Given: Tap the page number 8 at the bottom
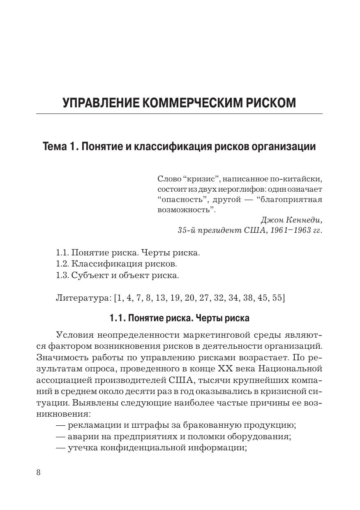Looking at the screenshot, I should pyautogui.click(x=39, y=472).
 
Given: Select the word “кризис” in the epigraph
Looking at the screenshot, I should pyautogui.click(x=198, y=179).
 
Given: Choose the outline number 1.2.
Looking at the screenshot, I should pyautogui.click(x=62, y=264).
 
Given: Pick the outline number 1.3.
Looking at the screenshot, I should pyautogui.click(x=62, y=275).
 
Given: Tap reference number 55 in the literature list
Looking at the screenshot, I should pyautogui.click(x=278, y=298).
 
